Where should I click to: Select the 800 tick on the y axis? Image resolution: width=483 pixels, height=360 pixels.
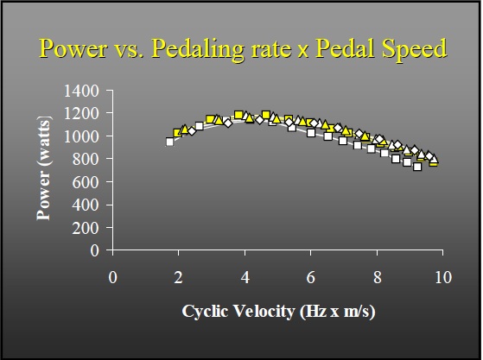pyautogui.click(x=86, y=159)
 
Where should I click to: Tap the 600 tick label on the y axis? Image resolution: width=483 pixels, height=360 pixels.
pyautogui.click(x=86, y=182)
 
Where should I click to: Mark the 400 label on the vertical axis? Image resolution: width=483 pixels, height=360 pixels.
pyautogui.click(x=86, y=205)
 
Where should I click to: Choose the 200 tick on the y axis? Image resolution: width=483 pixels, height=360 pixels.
pyautogui.click(x=86, y=228)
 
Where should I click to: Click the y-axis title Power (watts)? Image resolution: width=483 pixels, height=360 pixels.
pyautogui.click(x=44, y=171)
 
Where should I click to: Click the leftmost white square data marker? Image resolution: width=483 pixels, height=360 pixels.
pyautogui.click(x=170, y=142)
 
